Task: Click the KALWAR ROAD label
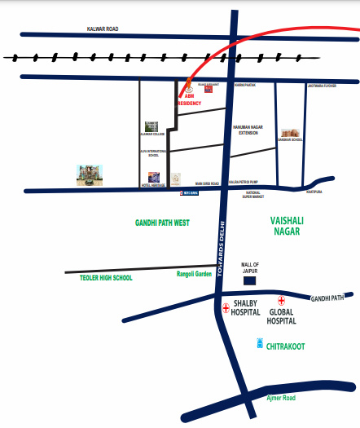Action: pos(103,29)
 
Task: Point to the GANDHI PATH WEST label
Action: pos(164,222)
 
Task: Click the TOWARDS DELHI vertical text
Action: pos(220,244)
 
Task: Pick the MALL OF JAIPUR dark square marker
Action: pos(250,280)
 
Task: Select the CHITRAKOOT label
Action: pos(286,346)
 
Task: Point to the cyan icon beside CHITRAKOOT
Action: pos(260,344)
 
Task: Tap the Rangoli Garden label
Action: pos(194,274)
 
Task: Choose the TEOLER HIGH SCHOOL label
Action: pos(106,278)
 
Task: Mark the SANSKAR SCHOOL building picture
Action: pos(290,133)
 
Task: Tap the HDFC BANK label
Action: pos(190,195)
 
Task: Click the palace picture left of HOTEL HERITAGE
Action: pos(87,174)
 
